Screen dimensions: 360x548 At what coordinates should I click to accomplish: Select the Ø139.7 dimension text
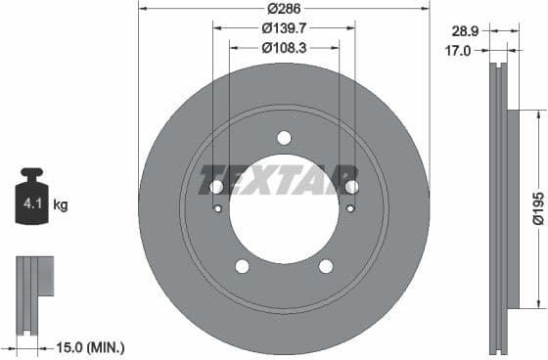[x=284, y=28]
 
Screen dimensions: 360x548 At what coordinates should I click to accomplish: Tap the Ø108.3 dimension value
[x=284, y=46]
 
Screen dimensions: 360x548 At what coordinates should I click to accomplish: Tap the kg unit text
[x=61, y=205]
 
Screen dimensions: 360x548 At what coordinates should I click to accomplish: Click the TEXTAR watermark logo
[x=279, y=179]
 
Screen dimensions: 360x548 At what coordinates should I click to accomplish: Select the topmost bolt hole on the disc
[x=284, y=138]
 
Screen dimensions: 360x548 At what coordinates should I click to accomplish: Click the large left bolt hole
[x=216, y=187]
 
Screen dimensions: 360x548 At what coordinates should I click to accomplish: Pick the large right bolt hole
[x=351, y=187]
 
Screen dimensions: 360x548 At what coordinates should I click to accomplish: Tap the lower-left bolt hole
[x=242, y=266]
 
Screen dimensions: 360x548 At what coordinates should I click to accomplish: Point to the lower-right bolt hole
[x=326, y=266]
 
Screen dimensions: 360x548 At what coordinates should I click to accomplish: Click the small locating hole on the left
[x=218, y=207]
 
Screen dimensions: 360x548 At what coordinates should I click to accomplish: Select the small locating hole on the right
[x=349, y=207]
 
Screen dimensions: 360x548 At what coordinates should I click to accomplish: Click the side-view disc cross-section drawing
[x=500, y=207]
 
